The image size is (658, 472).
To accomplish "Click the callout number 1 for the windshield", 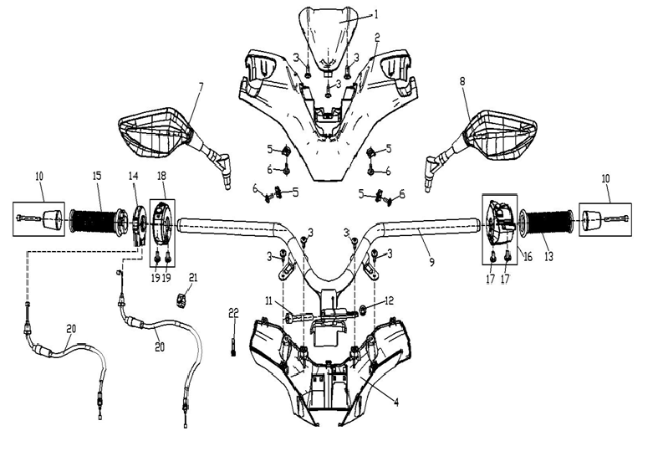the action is pyautogui.click(x=376, y=15).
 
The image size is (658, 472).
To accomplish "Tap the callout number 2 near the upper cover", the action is pyautogui.click(x=377, y=38).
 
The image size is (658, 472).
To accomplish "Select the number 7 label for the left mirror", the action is pyautogui.click(x=201, y=87).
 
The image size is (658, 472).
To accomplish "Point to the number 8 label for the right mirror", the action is pyautogui.click(x=462, y=81).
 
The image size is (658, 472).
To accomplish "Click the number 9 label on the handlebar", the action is pyautogui.click(x=431, y=263).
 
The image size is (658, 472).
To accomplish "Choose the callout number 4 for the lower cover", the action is pyautogui.click(x=396, y=403).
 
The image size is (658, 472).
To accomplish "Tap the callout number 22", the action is pyautogui.click(x=234, y=312).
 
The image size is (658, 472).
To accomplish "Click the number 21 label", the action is pyautogui.click(x=193, y=278).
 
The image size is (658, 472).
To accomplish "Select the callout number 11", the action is pyautogui.click(x=268, y=301).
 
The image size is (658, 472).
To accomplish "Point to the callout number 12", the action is pyautogui.click(x=390, y=300).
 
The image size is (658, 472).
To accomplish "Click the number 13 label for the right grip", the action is pyautogui.click(x=549, y=256).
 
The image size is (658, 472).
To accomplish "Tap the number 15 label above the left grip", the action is pyautogui.click(x=97, y=175).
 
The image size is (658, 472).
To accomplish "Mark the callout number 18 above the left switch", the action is pyautogui.click(x=162, y=176).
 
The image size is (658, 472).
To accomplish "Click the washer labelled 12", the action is pyautogui.click(x=362, y=310).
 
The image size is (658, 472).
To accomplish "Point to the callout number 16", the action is pyautogui.click(x=528, y=256).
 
